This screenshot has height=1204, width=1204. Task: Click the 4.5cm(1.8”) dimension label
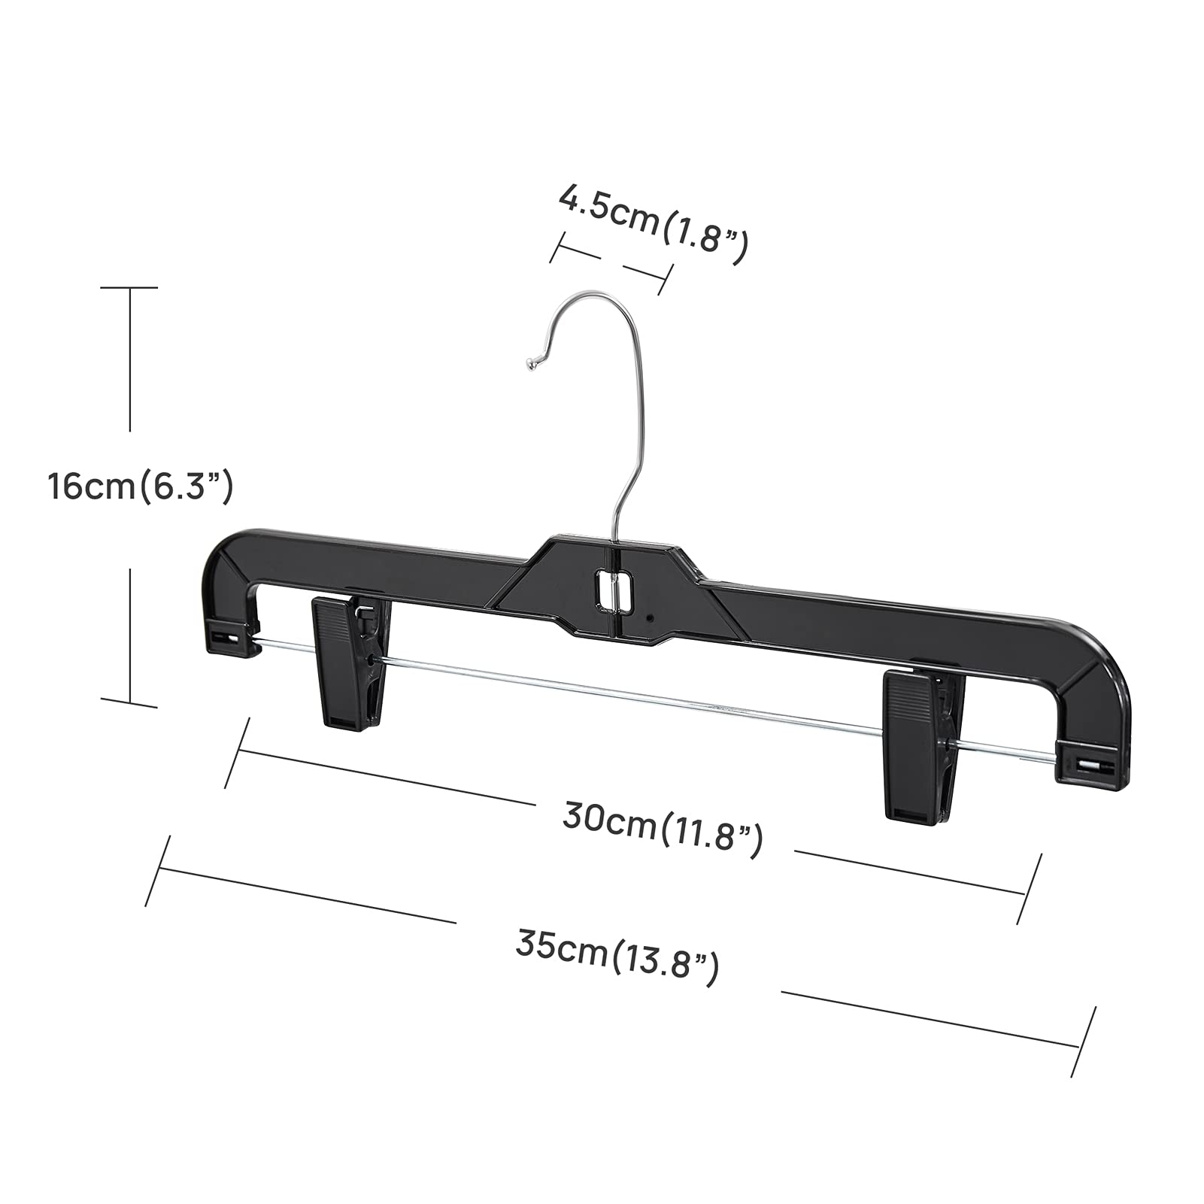coord(653,223)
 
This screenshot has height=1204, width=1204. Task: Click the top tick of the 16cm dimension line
coord(129,287)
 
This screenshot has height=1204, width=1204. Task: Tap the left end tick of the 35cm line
coord(159,870)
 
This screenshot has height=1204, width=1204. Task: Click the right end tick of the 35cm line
coord(1082,1042)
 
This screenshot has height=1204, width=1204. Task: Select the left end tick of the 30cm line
coord(238,753)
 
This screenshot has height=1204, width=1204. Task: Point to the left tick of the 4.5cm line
coord(558,247)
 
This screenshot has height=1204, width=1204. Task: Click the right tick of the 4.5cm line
coord(665,273)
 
